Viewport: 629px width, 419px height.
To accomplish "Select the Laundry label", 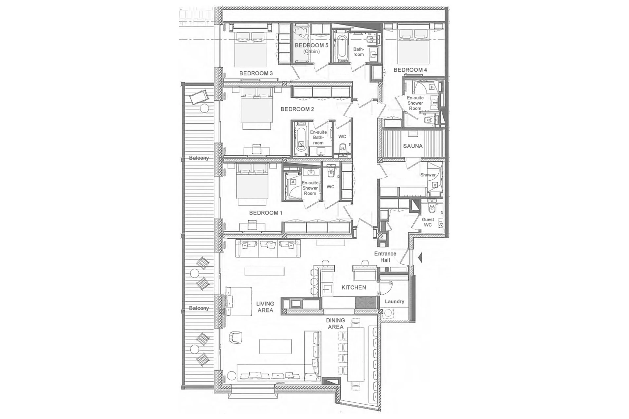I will (394, 301).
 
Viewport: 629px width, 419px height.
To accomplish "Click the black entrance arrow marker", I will (420, 258).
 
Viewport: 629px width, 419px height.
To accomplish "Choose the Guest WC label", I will (428, 222).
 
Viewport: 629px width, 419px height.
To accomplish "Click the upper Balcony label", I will (199, 158).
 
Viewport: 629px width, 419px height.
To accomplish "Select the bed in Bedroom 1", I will (252, 184).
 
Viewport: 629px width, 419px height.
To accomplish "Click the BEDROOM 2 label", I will (297, 109).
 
